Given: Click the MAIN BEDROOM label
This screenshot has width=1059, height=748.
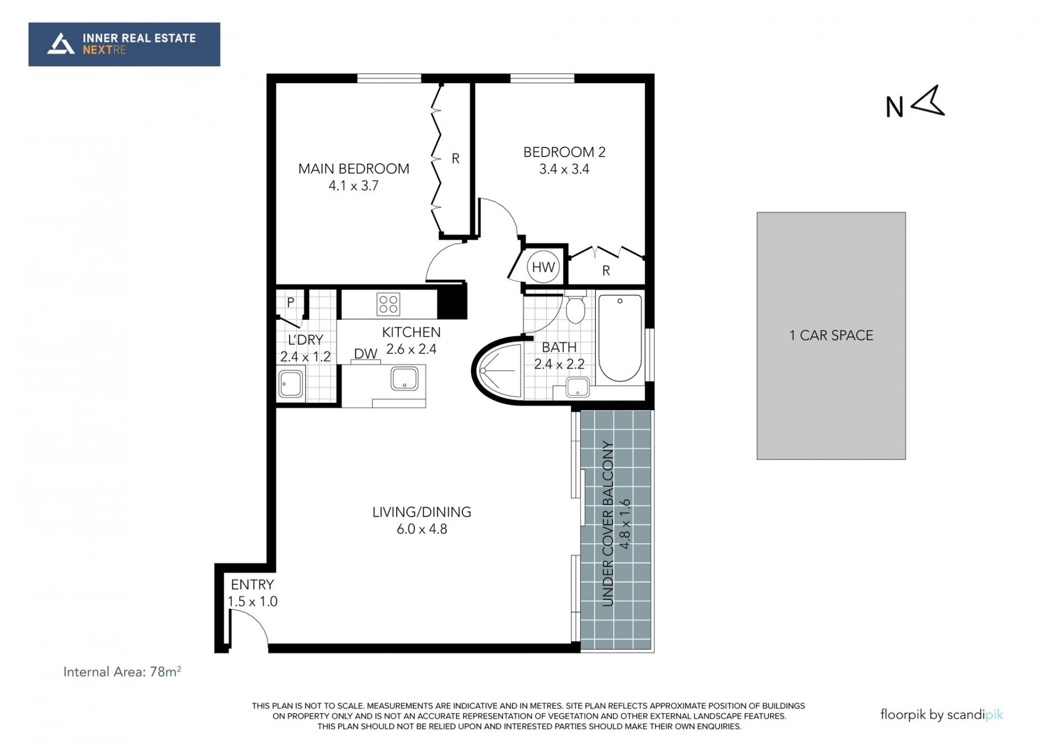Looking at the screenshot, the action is (354, 169).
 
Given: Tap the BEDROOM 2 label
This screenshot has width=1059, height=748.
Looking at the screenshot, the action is (564, 152).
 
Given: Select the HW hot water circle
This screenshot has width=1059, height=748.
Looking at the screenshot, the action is (543, 267).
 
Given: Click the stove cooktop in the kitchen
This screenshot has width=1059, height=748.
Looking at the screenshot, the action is (388, 304).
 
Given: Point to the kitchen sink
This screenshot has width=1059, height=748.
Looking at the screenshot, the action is (404, 379).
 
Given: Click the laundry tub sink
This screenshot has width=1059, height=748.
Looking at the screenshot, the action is (291, 384).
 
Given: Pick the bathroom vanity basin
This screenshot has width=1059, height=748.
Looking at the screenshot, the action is (577, 387).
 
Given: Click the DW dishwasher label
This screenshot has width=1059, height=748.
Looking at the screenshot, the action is (366, 354).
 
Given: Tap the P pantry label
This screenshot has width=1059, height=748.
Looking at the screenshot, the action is (291, 303).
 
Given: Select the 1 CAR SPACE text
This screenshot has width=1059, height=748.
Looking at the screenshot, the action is (831, 336).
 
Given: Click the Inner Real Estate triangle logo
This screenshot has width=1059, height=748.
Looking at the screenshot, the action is (61, 44).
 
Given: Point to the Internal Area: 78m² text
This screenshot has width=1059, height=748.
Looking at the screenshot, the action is (122, 671).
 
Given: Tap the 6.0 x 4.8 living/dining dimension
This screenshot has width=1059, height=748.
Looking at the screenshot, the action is (422, 529).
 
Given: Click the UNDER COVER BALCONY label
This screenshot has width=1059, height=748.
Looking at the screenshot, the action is (608, 524).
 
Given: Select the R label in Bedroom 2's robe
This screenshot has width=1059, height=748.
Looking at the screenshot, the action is (606, 271).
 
